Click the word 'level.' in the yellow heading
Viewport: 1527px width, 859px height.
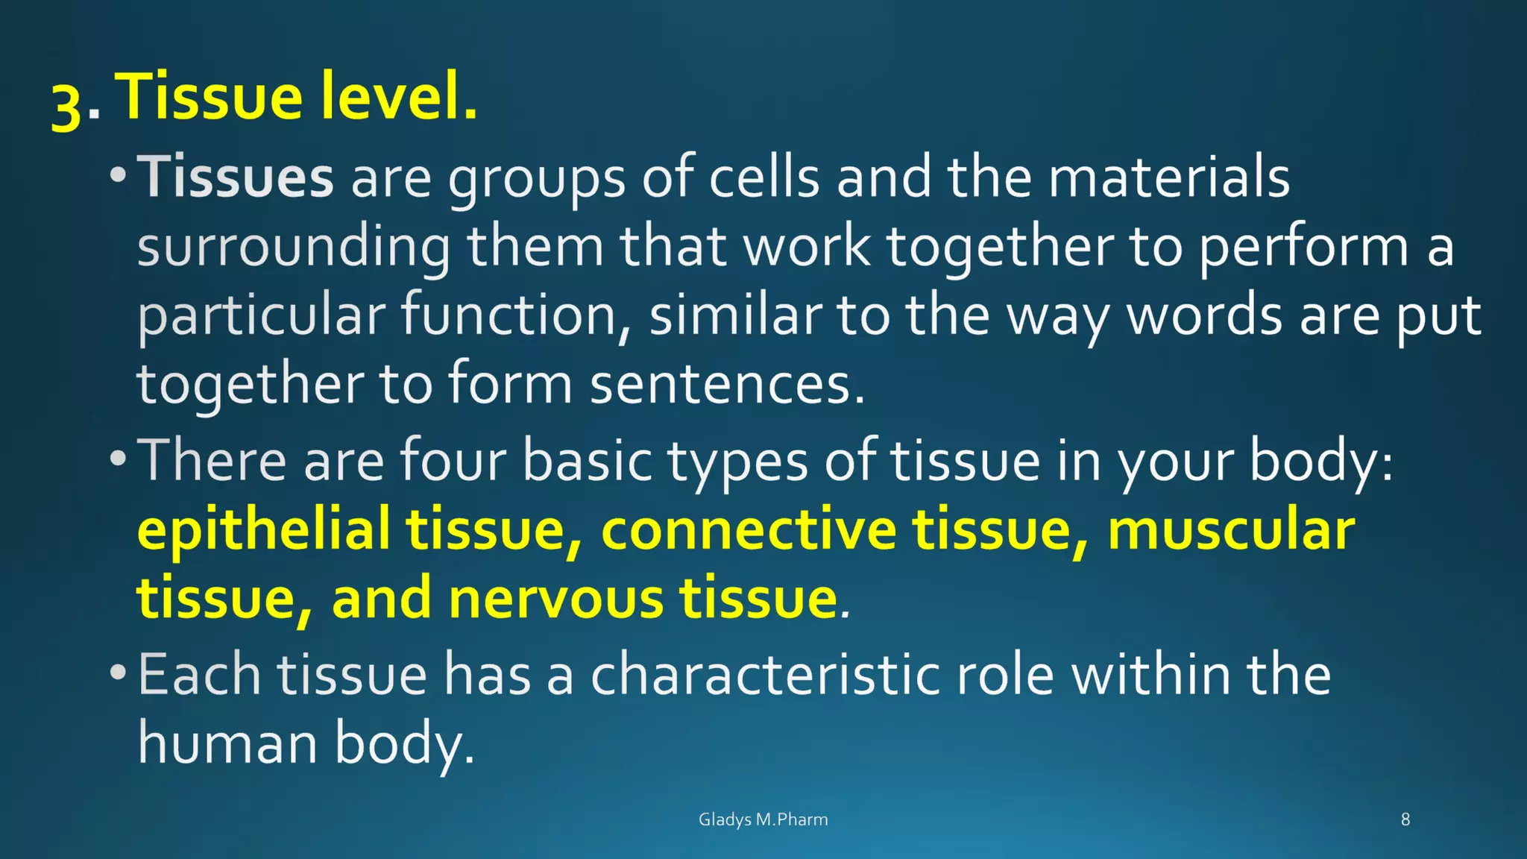click(x=400, y=96)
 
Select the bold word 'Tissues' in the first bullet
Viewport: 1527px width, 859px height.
click(x=235, y=177)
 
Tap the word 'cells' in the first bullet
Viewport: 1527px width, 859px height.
click(x=763, y=177)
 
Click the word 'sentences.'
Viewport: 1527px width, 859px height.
click(x=727, y=385)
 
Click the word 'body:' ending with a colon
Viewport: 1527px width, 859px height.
click(x=1320, y=462)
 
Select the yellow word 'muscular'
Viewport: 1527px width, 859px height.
click(x=1231, y=530)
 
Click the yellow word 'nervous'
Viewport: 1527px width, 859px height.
click(x=555, y=599)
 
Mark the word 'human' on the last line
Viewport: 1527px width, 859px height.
click(x=227, y=743)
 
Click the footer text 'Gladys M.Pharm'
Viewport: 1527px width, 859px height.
click(x=763, y=819)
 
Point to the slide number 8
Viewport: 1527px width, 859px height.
click(x=1405, y=819)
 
